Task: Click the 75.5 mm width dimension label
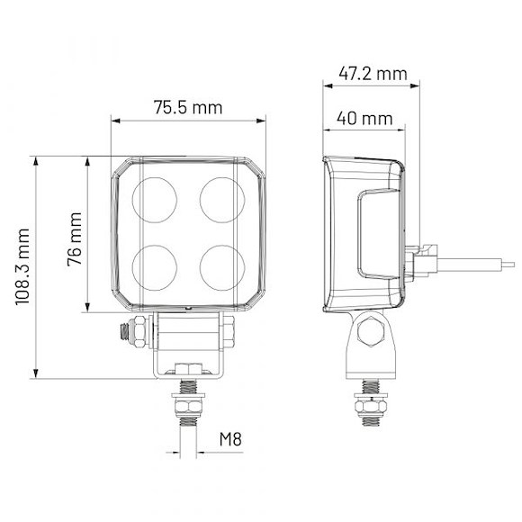[x=187, y=107]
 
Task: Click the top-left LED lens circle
[x=155, y=197]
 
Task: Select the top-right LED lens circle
[x=222, y=197]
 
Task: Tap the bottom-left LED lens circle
[x=155, y=265]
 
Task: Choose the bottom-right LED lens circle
[x=222, y=265]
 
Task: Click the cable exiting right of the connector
[x=477, y=263]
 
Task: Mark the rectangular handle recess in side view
[x=377, y=234]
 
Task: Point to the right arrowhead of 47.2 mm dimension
[x=415, y=85]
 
